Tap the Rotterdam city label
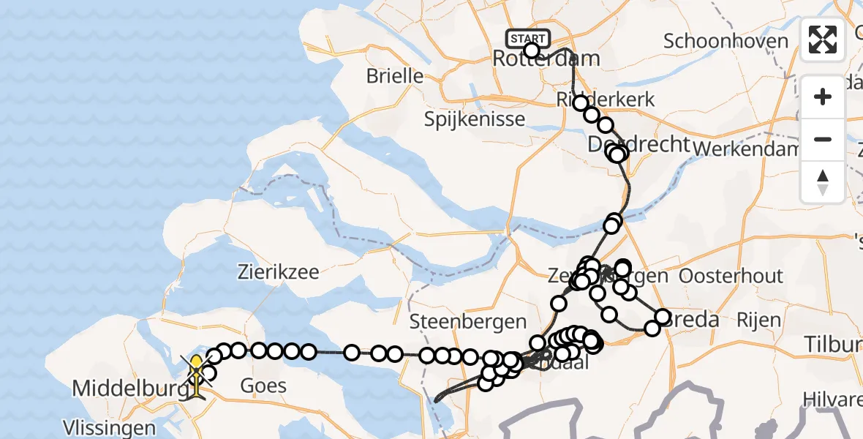coord(547,59)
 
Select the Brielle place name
coord(395,75)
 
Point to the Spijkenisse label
coord(475,119)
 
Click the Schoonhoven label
coord(726,41)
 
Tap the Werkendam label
coord(746,149)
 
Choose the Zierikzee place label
coord(278,272)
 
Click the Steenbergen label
coord(468,321)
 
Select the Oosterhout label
coord(731,277)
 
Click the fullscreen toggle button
coord(823,40)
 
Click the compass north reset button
coord(823,181)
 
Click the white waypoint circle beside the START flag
coord(532,50)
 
